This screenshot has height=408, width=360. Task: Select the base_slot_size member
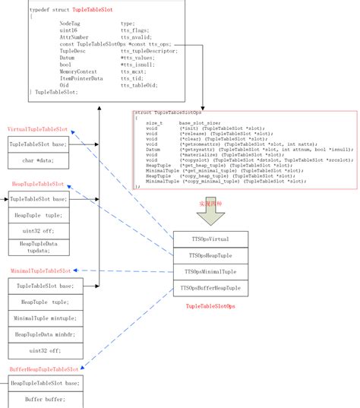coord(201,122)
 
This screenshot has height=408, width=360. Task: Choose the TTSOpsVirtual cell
coord(209,239)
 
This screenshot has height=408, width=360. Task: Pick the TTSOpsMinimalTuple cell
coord(209,271)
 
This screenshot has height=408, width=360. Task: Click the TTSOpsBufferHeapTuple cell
coord(209,288)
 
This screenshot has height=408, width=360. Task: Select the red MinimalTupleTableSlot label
coord(40,270)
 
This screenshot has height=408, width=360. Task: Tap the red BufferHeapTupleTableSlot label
coord(43,369)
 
